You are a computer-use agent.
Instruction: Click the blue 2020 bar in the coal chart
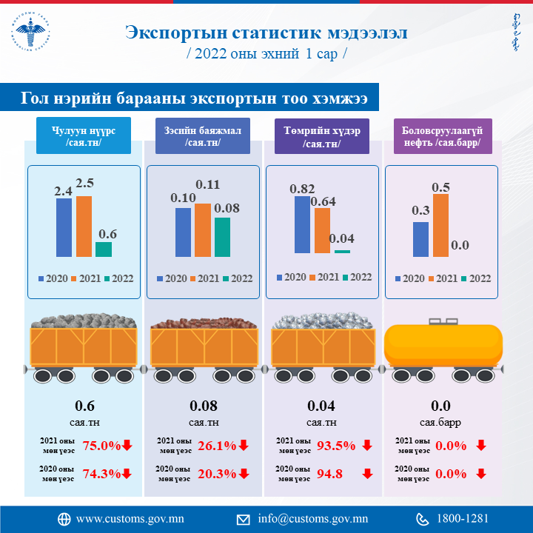(x=64, y=227)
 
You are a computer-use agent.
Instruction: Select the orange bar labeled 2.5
(x=84, y=226)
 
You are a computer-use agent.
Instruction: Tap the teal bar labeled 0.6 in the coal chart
(x=104, y=249)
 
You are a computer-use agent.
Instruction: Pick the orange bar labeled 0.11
(x=203, y=229)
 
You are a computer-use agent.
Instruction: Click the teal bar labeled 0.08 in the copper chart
(x=222, y=237)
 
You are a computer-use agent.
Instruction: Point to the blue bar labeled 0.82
(x=302, y=224)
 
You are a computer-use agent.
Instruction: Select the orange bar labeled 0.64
(x=322, y=230)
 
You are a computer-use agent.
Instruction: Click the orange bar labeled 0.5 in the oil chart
(x=440, y=225)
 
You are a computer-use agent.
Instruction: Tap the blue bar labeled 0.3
(x=420, y=239)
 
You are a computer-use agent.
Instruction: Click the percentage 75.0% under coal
(x=101, y=446)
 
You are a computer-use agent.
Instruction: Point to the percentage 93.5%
(x=337, y=446)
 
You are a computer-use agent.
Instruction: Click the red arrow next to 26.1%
(x=244, y=446)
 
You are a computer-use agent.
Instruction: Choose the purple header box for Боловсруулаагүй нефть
(x=441, y=136)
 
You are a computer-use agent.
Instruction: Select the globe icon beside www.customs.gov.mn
(x=64, y=519)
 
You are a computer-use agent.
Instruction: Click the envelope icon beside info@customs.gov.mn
(x=244, y=519)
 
